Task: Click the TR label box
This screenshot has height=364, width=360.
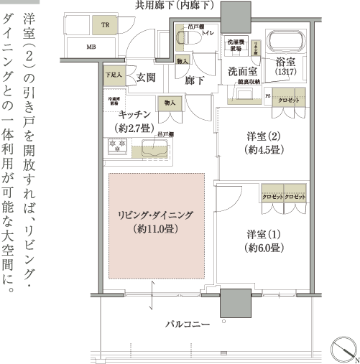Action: click(x=105, y=25)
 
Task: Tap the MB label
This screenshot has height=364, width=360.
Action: click(x=91, y=47)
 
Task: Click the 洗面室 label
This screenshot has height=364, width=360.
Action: click(x=244, y=72)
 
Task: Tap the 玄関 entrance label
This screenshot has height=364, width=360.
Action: click(x=147, y=78)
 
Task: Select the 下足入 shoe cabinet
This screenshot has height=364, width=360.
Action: click(x=113, y=74)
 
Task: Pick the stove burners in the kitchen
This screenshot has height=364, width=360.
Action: click(x=117, y=147)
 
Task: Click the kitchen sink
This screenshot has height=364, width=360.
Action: click(x=154, y=150)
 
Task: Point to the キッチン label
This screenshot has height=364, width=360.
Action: click(x=134, y=115)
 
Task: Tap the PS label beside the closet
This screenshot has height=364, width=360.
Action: click(x=268, y=95)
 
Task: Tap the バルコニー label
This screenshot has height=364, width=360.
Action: click(x=188, y=325)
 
